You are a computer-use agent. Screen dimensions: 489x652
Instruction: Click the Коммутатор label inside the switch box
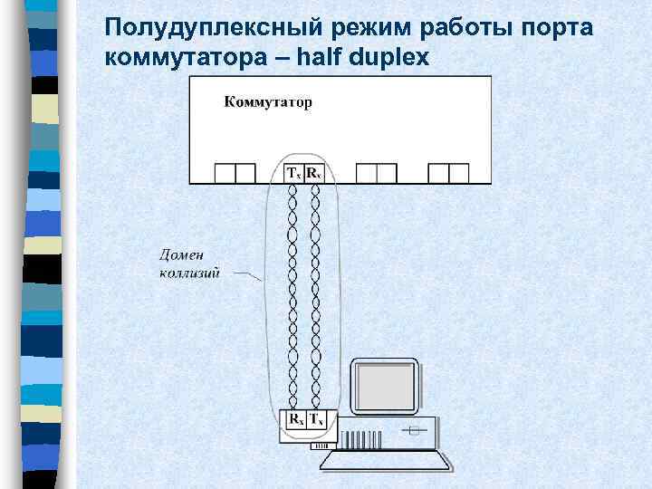pos(268,102)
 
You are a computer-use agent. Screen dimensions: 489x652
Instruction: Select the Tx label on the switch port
pos(293,173)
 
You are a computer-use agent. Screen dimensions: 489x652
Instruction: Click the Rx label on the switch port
pos(313,173)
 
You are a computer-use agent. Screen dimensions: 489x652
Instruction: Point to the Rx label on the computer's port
pos(296,420)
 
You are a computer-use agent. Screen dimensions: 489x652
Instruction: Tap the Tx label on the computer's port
pos(317,420)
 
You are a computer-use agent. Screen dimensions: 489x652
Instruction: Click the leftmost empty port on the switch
pos(235,173)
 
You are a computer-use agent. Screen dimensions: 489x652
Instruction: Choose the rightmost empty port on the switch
pos(448,173)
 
